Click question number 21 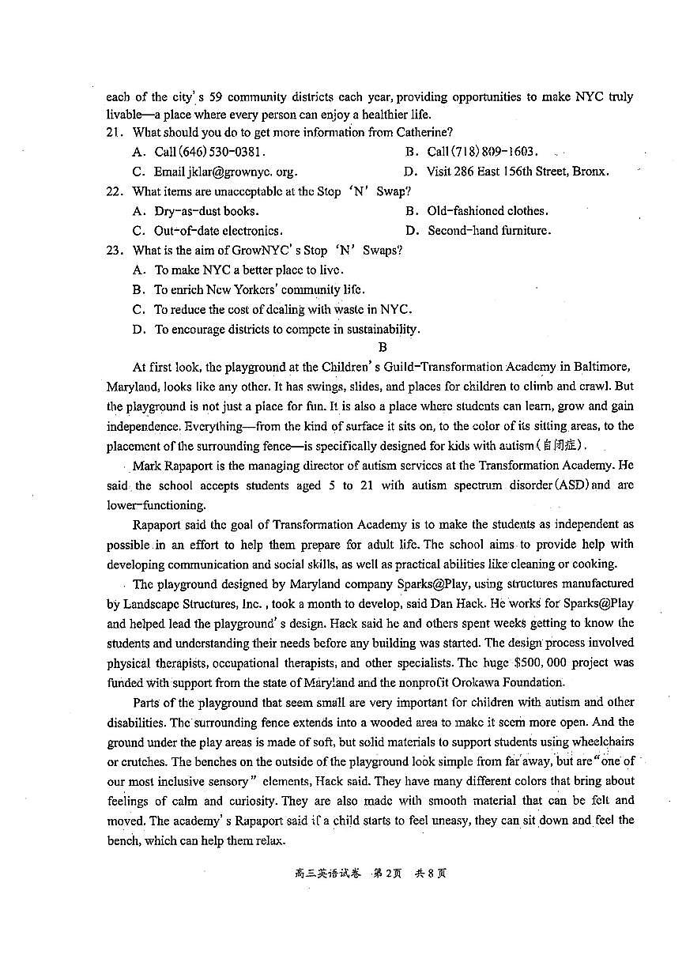coord(115,133)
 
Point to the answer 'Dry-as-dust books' coord(206,211)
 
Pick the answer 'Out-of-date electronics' coord(218,231)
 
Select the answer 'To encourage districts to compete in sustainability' coord(287,330)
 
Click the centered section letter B coord(383,347)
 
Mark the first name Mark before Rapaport coord(147,466)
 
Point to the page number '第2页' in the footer coord(389,874)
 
